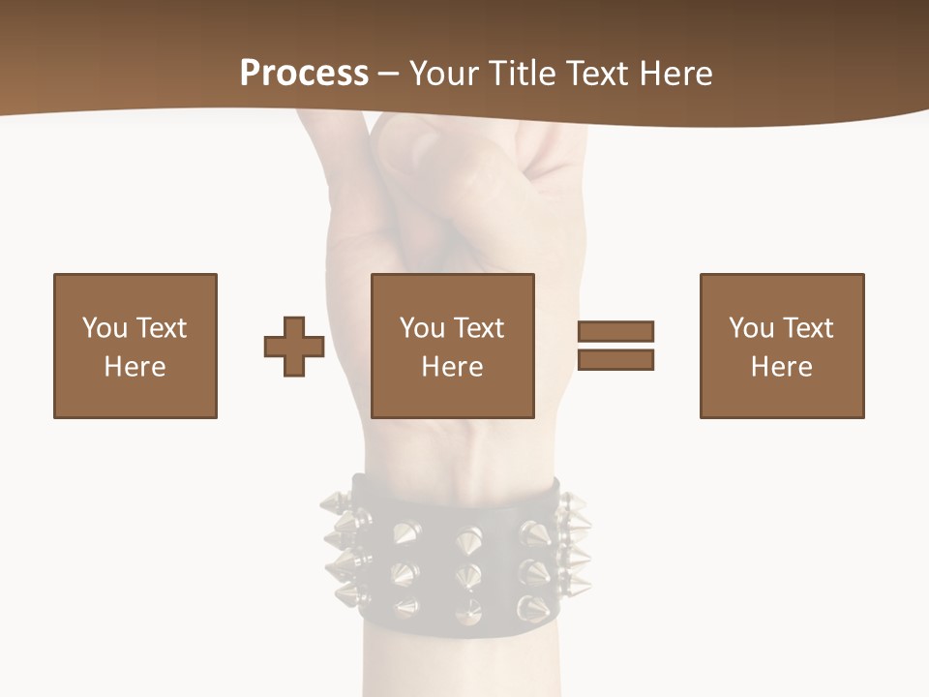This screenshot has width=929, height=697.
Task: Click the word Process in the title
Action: coord(304,74)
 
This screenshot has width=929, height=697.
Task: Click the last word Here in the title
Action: coord(674,74)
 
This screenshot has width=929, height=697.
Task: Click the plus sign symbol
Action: coord(294,346)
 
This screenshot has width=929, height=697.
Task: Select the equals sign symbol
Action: coord(615,346)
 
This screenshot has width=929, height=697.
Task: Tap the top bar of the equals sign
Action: coord(615,332)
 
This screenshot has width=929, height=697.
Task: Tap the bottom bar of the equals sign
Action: coord(615,359)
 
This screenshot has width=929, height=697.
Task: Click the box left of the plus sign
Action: coord(135,346)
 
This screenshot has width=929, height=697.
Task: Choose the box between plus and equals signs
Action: coord(453,346)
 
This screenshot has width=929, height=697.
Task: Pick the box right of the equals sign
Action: coord(782,346)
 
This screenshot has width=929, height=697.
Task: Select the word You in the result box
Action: coord(751,328)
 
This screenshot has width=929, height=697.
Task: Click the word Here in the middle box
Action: coord(453,367)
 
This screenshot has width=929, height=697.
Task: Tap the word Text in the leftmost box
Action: coord(161,328)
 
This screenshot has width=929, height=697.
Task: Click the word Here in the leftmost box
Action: coord(135,367)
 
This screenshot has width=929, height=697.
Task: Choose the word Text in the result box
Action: coord(807,328)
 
